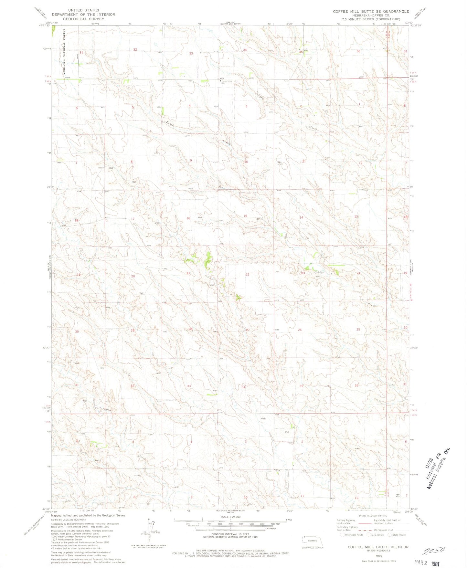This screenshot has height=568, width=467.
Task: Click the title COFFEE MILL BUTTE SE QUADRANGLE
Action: click(371, 11)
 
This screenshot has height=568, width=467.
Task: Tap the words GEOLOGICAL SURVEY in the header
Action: click(83, 19)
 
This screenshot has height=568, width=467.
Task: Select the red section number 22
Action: click(248, 274)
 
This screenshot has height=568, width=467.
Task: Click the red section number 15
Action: click(245, 216)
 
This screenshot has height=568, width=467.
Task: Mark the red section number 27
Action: click(248, 330)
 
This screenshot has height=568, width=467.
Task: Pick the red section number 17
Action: click(133, 219)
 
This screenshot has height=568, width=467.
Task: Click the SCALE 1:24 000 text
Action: click(230, 517)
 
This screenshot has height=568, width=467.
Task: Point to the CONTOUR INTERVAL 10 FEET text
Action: click(230, 534)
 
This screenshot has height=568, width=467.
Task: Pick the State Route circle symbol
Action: click(389, 535)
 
